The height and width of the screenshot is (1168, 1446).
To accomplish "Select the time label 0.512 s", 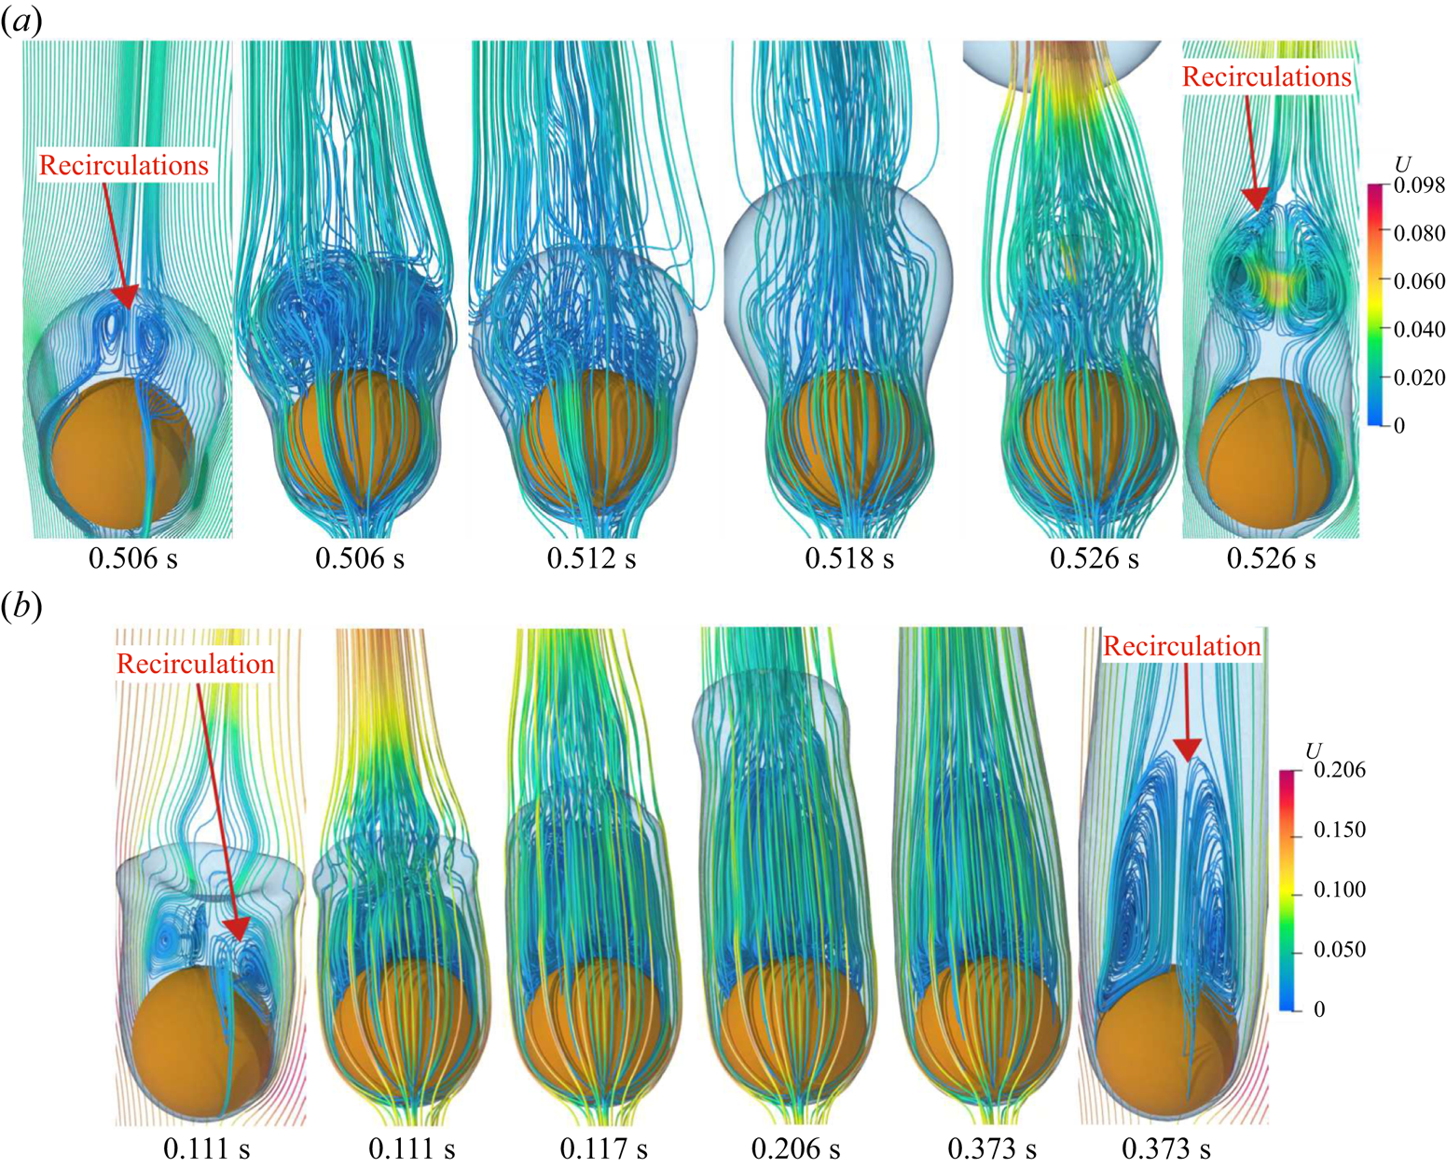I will (591, 558).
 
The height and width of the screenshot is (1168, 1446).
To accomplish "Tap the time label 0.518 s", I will (849, 558).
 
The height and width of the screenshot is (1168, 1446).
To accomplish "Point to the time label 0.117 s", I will (604, 1148).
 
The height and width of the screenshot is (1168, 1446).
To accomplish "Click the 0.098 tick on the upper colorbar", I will (1419, 186).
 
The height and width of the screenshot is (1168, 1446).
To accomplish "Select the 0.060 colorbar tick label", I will (1419, 282).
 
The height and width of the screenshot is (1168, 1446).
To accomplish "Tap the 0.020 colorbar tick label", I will (1419, 378).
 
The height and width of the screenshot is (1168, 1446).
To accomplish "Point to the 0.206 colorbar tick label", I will (1339, 770).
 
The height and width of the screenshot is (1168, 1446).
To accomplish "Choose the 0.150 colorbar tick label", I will (1339, 830).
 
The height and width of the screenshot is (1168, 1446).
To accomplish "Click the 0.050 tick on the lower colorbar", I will (1339, 950).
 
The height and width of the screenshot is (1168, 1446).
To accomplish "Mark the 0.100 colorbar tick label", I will (1339, 890).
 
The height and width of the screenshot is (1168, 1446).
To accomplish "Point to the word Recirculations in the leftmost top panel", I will (124, 166).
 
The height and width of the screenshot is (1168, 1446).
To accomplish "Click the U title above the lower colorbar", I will (1314, 751).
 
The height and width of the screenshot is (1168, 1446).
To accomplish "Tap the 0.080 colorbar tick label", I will (1419, 233).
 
